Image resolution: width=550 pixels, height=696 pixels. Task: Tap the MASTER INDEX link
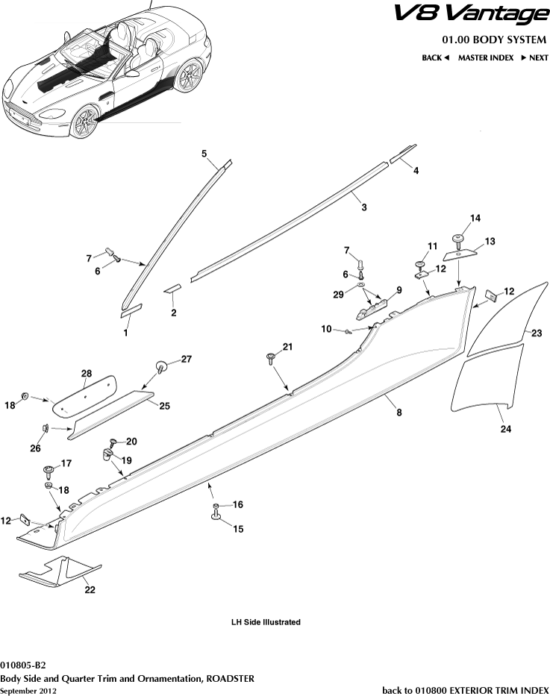pyautogui.click(x=485, y=57)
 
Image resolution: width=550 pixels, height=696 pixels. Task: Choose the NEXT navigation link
pyautogui.click(x=534, y=57)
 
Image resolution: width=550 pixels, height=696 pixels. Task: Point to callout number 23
pyautogui.click(x=536, y=334)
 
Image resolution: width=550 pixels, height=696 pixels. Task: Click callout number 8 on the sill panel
pyautogui.click(x=399, y=412)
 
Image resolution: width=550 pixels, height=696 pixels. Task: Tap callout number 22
pyautogui.click(x=90, y=589)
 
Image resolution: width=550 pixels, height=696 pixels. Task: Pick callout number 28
pyautogui.click(x=87, y=372)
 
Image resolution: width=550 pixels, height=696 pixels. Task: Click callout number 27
pyautogui.click(x=186, y=359)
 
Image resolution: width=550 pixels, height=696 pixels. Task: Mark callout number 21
pyautogui.click(x=287, y=347)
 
